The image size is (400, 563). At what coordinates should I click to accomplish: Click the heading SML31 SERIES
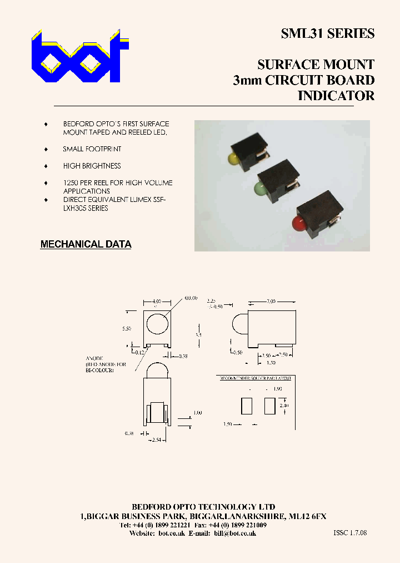(327, 34)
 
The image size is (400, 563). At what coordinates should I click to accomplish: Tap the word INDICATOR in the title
(336, 95)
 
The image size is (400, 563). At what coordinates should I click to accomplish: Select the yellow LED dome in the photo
(233, 159)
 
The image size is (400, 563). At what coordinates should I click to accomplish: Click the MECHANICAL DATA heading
(86, 244)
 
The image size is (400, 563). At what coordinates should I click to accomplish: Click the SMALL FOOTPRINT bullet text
(92, 149)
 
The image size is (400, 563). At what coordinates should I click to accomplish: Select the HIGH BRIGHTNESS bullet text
(92, 166)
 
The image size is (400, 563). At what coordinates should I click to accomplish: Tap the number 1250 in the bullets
(71, 182)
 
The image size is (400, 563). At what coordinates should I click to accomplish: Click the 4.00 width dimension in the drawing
(157, 302)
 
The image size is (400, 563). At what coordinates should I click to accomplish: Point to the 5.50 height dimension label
(127, 329)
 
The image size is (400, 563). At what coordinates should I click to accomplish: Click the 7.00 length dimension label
(271, 302)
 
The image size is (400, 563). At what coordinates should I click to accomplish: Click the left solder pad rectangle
(246, 406)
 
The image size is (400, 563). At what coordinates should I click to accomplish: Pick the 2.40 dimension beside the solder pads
(284, 406)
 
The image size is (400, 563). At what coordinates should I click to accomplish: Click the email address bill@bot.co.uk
(234, 533)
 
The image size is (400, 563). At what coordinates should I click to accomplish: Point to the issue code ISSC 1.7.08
(350, 533)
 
